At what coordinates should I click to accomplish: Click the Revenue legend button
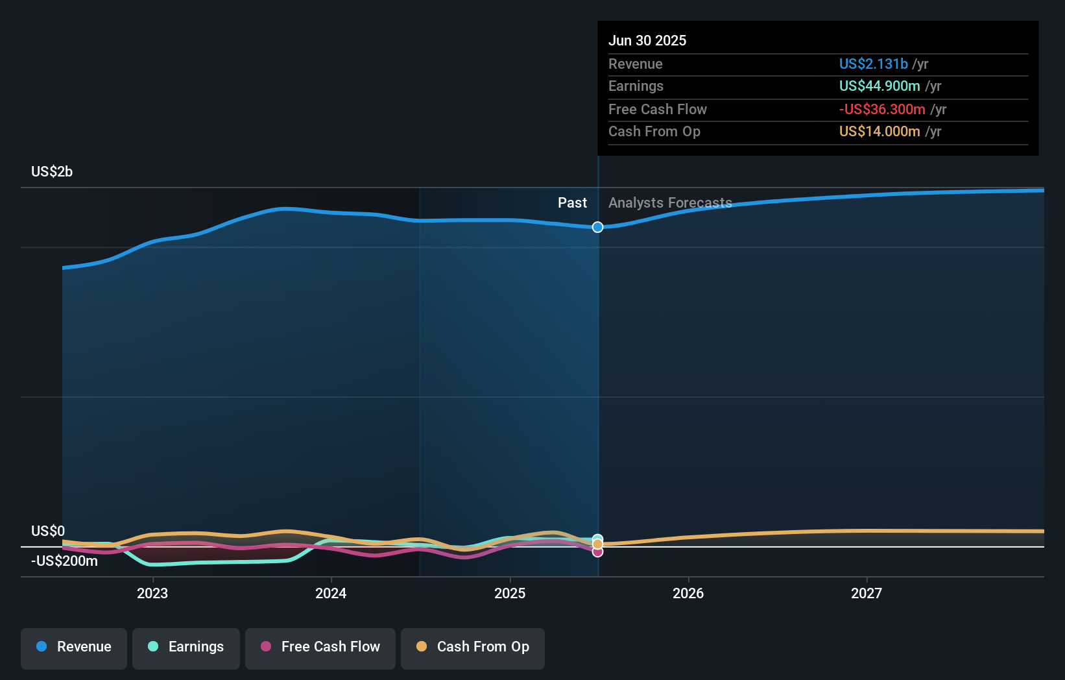click(x=74, y=647)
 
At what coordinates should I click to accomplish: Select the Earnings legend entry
click(x=186, y=647)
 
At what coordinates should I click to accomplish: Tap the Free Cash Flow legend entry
click(x=320, y=647)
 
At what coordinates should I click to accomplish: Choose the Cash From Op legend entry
click(x=473, y=647)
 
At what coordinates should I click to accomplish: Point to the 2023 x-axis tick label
click(x=152, y=593)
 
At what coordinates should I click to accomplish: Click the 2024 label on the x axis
click(x=331, y=593)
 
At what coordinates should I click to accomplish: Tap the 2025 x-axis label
click(x=510, y=593)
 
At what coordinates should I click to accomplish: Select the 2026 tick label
click(x=688, y=593)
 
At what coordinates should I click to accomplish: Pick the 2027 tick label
click(x=867, y=593)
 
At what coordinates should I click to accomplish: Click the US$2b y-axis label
click(x=52, y=172)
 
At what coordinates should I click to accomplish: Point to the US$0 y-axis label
click(x=48, y=531)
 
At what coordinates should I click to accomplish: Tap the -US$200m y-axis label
click(x=65, y=561)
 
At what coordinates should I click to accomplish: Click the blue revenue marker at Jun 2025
click(x=597, y=227)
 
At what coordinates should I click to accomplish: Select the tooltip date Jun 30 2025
click(x=647, y=40)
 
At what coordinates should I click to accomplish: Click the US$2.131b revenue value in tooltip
click(x=873, y=64)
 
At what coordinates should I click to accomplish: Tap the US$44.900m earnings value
click(x=880, y=86)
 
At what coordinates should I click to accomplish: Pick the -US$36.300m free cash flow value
click(x=882, y=109)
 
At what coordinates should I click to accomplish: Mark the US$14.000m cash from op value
click(x=880, y=132)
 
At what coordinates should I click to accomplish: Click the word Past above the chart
click(x=572, y=203)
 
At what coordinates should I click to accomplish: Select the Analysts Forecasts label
click(x=670, y=203)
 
